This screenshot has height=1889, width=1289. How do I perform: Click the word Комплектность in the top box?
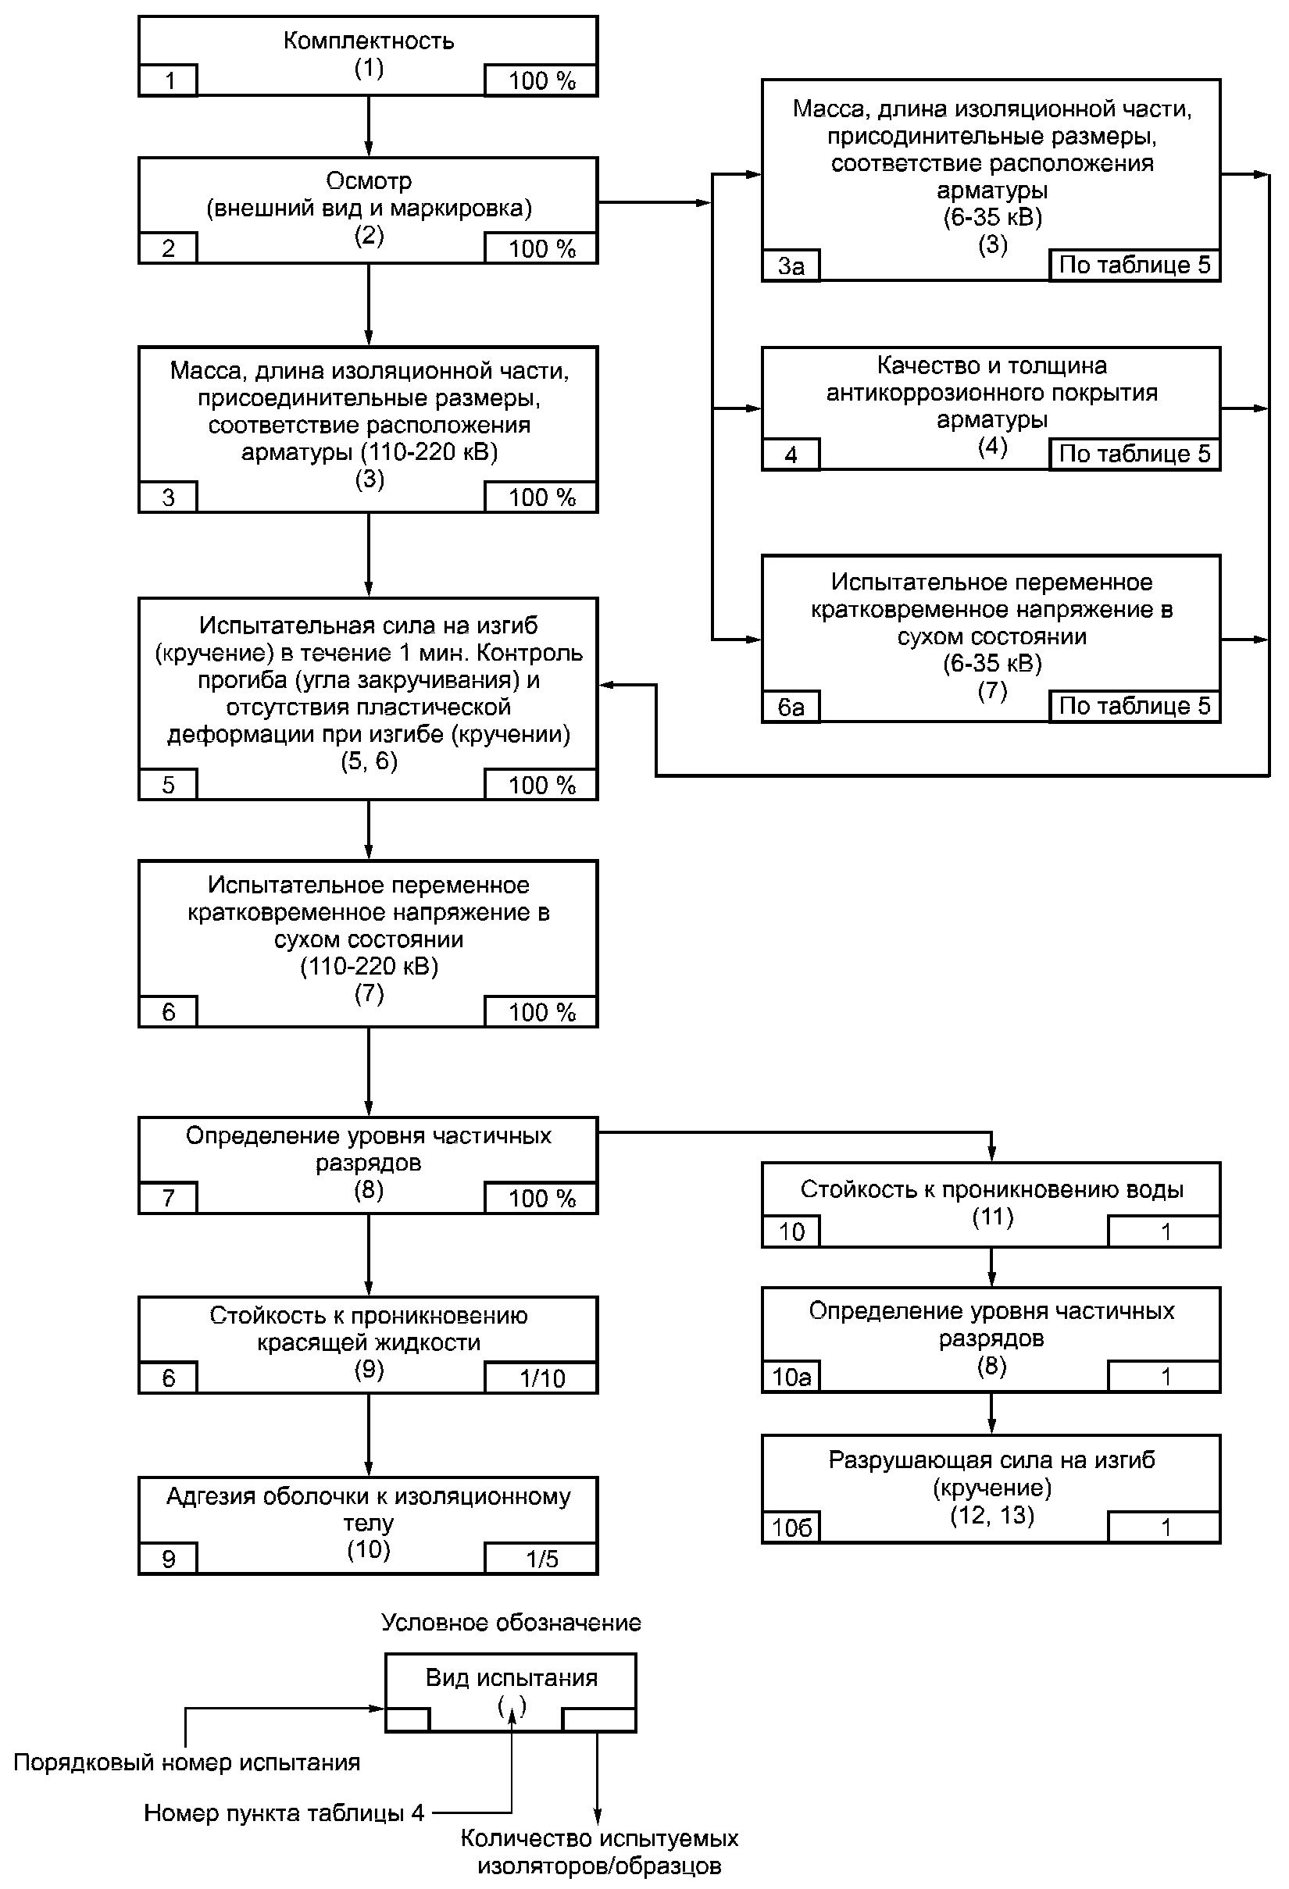[x=369, y=41]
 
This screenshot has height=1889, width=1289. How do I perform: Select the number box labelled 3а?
[x=791, y=266]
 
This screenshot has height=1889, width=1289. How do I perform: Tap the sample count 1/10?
[x=541, y=1378]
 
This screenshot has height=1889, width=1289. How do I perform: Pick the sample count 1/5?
[x=541, y=1558]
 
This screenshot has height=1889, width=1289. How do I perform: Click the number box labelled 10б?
[x=791, y=1527]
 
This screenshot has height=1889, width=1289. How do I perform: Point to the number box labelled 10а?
[x=791, y=1376]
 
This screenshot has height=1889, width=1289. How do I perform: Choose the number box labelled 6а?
[x=791, y=707]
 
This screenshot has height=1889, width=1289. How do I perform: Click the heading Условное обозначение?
[x=512, y=1623]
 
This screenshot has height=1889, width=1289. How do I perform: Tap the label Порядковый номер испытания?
[x=187, y=1762]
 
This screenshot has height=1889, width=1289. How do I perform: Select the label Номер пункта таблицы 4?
[x=284, y=1812]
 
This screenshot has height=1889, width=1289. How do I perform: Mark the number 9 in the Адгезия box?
[x=168, y=1559]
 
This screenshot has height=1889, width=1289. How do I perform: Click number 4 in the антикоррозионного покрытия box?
[x=791, y=455]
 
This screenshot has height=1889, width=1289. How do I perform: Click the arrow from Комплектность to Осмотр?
[x=369, y=126]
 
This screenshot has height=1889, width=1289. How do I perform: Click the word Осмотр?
[x=369, y=180]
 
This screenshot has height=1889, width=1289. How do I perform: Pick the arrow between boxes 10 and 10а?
[x=991, y=1267]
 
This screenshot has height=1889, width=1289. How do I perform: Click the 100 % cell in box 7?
[x=541, y=1198]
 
